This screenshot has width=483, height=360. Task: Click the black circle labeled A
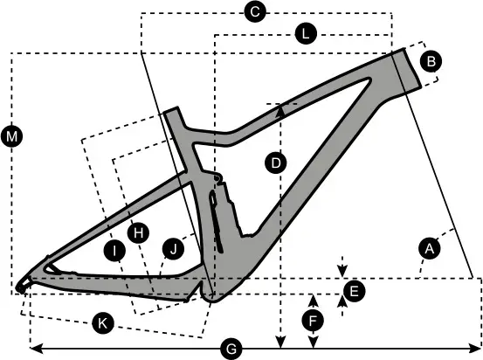coord(430,248)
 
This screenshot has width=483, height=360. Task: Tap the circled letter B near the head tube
coord(431,61)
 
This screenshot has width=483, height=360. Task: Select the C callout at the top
coord(255,12)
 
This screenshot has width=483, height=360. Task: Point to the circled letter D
coord(276,163)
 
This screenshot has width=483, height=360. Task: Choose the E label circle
coord(355,291)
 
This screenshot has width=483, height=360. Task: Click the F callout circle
coord(313,321)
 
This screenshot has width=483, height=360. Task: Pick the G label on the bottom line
coord(231,350)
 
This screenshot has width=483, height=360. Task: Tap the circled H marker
coord(139,233)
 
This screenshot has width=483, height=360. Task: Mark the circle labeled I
coord(114,251)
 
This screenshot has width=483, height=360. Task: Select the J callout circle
coord(173,248)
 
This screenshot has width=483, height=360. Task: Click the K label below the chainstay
coord(103,323)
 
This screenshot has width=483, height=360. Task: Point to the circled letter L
coord(306,33)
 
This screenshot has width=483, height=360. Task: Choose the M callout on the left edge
coord(11,136)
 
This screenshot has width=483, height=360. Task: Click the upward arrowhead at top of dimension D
coord(280,110)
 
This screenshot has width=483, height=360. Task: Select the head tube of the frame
coord(407,70)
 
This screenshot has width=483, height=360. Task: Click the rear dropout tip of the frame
coord(20,287)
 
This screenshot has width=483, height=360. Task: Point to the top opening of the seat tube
coord(171,111)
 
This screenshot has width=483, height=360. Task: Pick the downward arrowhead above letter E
coord(342,271)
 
